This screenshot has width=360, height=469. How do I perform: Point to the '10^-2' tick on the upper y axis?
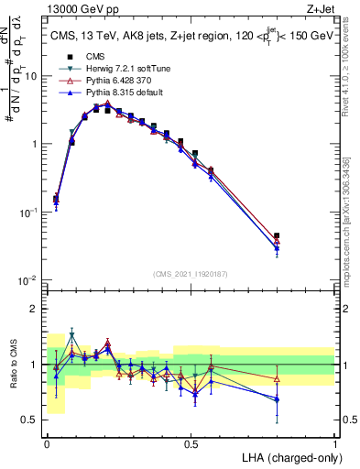click(x=30, y=279)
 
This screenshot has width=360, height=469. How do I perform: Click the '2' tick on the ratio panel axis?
click(x=37, y=309)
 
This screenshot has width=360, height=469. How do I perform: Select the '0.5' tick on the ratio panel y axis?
click(x=32, y=420)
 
